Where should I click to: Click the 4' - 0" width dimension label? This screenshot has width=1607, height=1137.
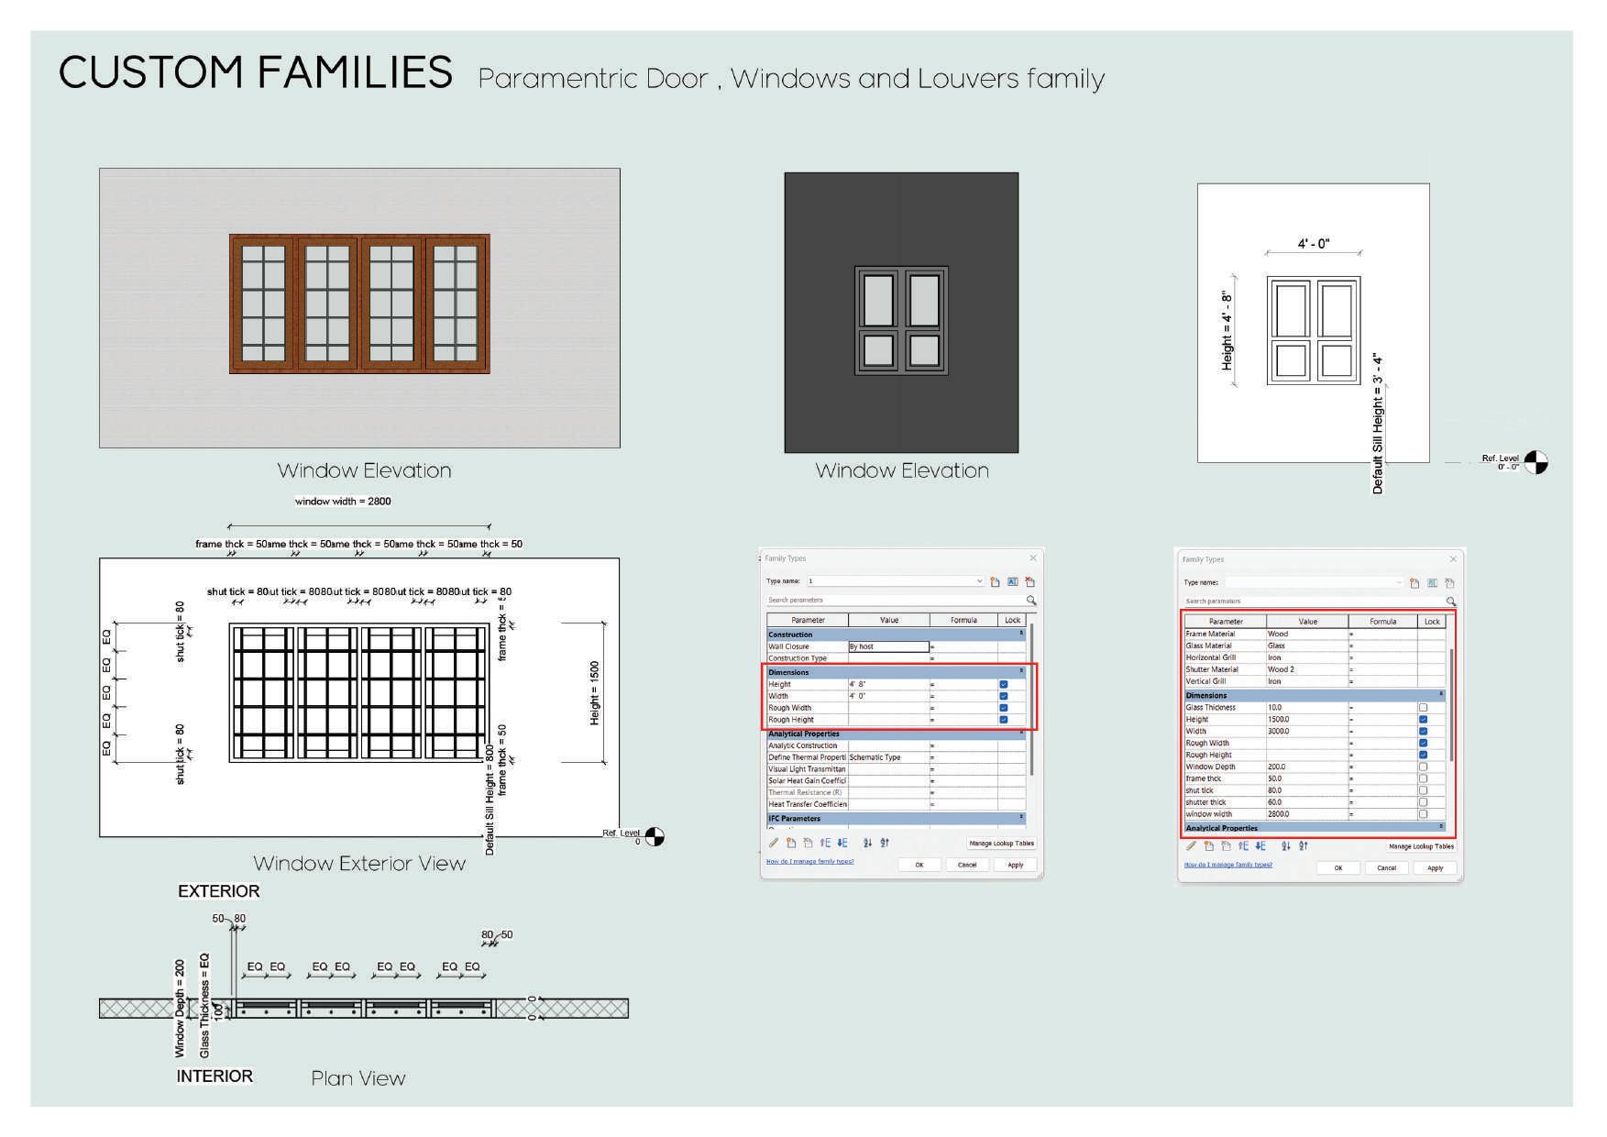1313,244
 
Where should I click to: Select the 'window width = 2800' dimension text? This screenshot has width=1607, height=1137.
343,502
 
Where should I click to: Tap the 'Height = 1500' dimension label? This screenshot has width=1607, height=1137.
595,693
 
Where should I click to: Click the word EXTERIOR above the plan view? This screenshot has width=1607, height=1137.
218,891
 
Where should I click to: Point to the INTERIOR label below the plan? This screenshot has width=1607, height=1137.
215,1076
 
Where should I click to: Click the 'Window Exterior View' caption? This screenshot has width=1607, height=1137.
359,864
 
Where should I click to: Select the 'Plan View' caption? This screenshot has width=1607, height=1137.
358,1078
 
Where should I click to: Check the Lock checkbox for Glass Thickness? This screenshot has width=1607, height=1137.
1423,708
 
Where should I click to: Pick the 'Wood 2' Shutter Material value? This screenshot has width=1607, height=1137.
1281,669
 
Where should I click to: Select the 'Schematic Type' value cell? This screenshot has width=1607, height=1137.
875,757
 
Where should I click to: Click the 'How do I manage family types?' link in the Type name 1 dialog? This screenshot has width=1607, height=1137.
809,862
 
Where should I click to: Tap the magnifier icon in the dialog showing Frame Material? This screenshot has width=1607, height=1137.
1450,602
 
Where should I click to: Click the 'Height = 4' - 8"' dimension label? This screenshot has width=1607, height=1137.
1227,331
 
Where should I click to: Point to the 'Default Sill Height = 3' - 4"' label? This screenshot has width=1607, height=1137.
1377,424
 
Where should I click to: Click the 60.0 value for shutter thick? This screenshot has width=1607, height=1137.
1275,802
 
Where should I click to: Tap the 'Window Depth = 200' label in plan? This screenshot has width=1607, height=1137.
180,1008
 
